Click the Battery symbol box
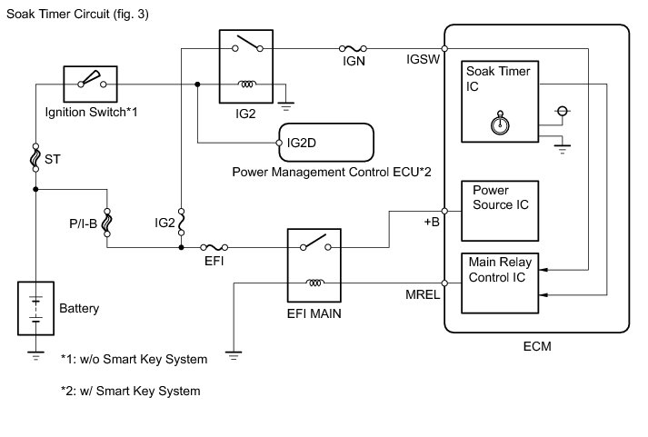tap(35, 310)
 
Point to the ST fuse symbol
tap(35, 156)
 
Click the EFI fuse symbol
tap(214, 246)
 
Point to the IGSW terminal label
tap(423, 57)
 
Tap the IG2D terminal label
tap(301, 143)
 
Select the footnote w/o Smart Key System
tap(134, 360)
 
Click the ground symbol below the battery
tap(35, 355)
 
